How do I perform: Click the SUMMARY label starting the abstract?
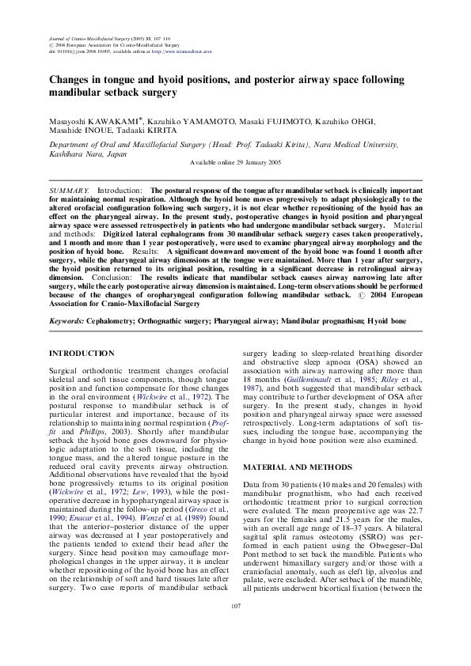pyautogui.click(x=68, y=191)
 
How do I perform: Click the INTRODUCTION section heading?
pyautogui.click(x=82, y=353)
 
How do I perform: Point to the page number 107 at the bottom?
pyautogui.click(x=235, y=627)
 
